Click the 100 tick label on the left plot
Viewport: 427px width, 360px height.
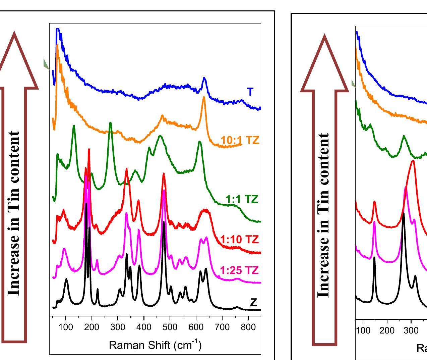(x=66, y=327)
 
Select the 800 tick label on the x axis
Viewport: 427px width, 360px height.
(x=248, y=327)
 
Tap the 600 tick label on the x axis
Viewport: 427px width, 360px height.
(x=196, y=327)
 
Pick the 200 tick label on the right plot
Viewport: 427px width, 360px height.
(x=387, y=330)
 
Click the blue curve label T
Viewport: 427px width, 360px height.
(x=250, y=92)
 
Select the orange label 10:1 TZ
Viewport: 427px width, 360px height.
(x=240, y=140)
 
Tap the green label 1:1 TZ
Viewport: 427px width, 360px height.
(x=242, y=200)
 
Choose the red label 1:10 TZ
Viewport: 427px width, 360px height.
(x=240, y=240)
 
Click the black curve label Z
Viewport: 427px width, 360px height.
(x=253, y=303)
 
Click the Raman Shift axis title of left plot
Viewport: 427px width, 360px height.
(x=155, y=345)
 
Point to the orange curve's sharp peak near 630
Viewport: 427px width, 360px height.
(x=204, y=97)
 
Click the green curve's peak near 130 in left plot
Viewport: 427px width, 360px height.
(x=74, y=126)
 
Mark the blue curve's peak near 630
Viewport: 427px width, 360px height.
(x=204, y=78)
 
